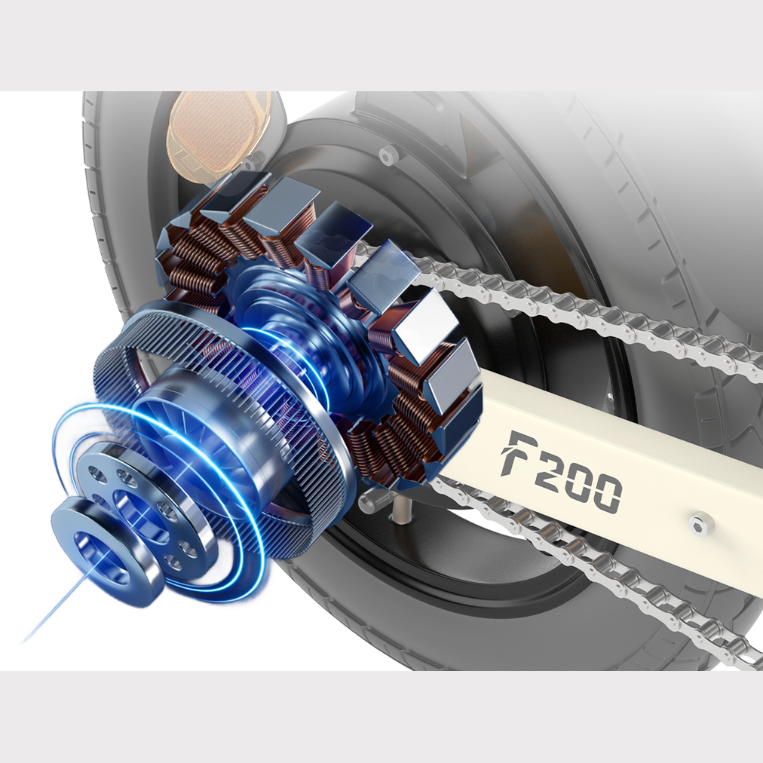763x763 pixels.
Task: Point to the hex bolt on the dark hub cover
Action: click(388, 156)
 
